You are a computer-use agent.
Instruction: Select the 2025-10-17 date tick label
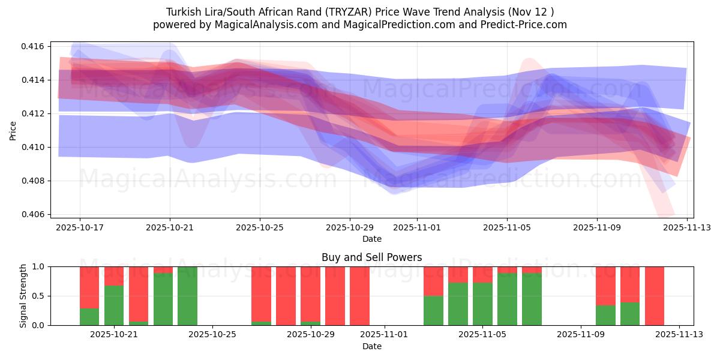pyautogui.click(x=80, y=227)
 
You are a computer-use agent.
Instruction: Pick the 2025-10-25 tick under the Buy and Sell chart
pyautogui.click(x=212, y=335)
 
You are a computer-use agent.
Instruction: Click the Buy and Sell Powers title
pyautogui.click(x=371, y=257)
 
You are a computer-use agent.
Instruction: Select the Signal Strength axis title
pyautogui.click(x=23, y=296)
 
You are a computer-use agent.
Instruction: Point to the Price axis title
pyautogui.click(x=13, y=130)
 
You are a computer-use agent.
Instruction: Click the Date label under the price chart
pyautogui.click(x=371, y=239)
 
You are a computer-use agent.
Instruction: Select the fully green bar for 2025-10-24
pyautogui.click(x=187, y=296)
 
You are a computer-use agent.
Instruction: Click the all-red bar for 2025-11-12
pyautogui.click(x=655, y=296)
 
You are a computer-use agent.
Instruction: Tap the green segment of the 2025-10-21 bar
pyautogui.click(x=114, y=305)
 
